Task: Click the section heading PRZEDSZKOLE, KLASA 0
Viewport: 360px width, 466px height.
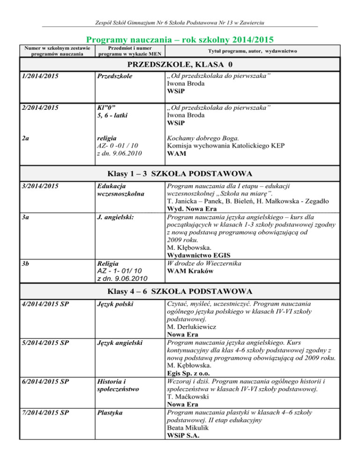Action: tap(180, 64)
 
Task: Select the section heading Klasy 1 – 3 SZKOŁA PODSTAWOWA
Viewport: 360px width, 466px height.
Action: tap(180, 173)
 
